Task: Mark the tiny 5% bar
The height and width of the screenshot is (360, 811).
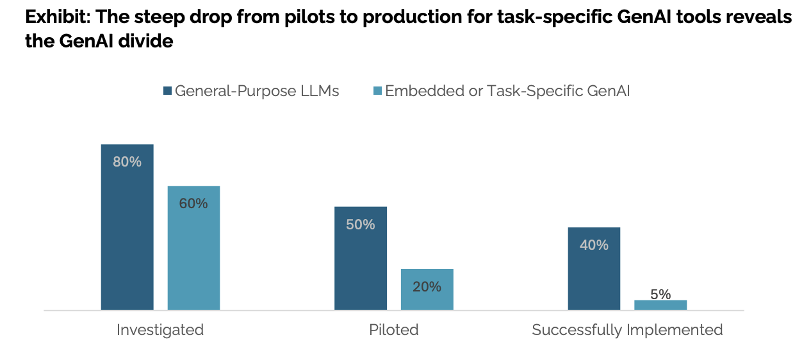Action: (660, 305)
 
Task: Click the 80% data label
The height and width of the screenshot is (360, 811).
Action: (127, 162)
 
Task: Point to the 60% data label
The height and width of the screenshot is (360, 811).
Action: (193, 204)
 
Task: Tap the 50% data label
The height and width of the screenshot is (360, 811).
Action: (361, 225)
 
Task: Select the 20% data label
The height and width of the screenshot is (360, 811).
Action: (427, 287)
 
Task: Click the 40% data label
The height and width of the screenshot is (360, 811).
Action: (594, 245)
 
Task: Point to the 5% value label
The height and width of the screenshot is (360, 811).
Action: (660, 294)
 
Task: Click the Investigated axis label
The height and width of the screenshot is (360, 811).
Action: (160, 330)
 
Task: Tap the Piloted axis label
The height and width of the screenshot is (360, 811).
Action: (394, 330)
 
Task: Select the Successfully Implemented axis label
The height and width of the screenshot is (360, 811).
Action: (627, 330)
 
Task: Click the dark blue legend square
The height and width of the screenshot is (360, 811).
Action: (168, 91)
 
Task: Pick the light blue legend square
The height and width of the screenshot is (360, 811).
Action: (377, 91)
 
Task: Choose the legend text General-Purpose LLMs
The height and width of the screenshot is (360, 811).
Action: (257, 91)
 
